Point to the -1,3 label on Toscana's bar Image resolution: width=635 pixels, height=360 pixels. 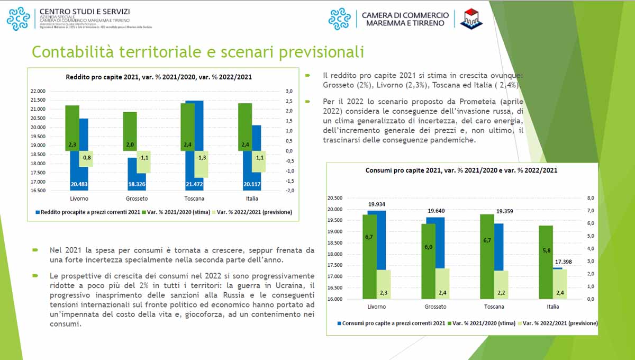pos(201,157)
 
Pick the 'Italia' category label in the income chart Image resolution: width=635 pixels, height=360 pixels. pos(252,199)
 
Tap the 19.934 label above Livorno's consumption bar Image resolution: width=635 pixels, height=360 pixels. pos(376,204)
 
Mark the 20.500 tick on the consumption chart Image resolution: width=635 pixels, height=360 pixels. pos(335,198)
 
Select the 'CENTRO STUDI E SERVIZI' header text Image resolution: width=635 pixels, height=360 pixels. pos(85,11)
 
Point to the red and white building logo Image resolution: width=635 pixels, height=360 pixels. pos(470,19)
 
